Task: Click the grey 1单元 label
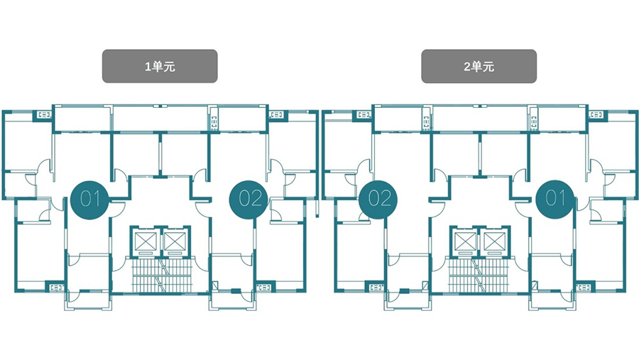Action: pos(160,66)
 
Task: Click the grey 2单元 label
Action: pos(479,66)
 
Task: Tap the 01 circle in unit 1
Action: pos(89,200)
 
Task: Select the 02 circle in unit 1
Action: pos(249,200)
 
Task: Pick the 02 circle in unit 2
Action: pos(378,200)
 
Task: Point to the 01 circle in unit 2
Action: pos(555,199)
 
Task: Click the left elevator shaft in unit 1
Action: pos(145,241)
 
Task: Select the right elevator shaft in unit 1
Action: pos(175,241)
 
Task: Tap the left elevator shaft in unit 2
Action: pos(465,241)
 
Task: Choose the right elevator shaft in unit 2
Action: pos(494,241)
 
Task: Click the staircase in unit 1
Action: pos(162,276)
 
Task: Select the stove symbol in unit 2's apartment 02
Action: pos(426,122)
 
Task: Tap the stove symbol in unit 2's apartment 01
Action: pos(533,122)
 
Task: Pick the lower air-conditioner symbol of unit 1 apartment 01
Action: pos(57,288)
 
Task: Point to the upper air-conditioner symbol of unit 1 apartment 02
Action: pos(277,115)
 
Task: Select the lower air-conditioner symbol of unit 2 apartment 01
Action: pos(584,288)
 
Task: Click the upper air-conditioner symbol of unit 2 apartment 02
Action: pos(364,115)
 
